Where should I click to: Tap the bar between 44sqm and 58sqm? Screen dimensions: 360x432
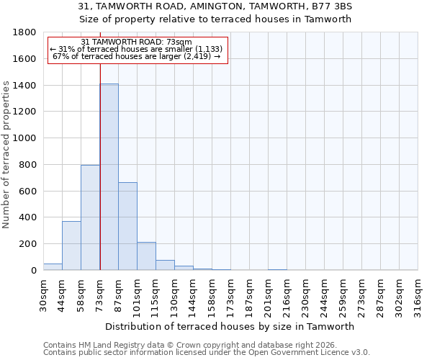pos(71,246)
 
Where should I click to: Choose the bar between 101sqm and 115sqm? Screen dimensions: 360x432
pos(146,256)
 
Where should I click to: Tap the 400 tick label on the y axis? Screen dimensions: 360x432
pos(28,217)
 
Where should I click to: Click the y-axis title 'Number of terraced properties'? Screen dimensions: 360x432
pos(6,155)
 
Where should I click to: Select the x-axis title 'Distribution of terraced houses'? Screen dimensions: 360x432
pos(235,326)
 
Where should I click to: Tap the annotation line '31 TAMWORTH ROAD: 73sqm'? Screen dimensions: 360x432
pos(136,42)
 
